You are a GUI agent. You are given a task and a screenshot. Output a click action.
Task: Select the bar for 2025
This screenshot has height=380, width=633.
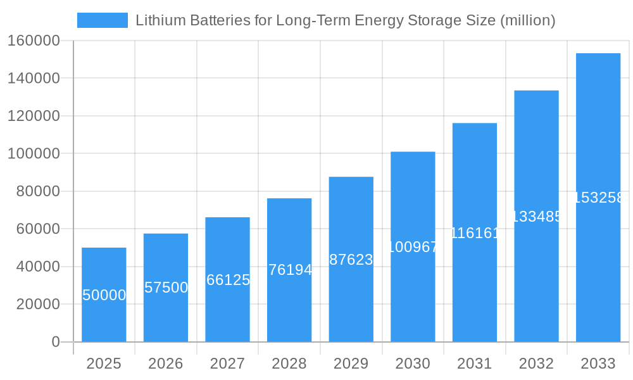104,294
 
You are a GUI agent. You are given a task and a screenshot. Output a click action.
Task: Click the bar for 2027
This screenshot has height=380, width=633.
227,279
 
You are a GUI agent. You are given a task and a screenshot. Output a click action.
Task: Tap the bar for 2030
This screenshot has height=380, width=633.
413,247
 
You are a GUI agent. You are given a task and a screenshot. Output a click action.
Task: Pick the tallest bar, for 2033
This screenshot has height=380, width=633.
598,198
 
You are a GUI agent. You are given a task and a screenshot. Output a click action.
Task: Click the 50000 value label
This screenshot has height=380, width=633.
104,295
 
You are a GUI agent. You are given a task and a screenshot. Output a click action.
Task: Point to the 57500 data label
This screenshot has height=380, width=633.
166,288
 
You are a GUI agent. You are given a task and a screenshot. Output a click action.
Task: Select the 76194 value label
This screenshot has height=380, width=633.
290,270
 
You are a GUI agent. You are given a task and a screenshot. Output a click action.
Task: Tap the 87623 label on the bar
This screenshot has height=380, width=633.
351,260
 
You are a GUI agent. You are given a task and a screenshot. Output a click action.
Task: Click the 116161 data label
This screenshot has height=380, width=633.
475,233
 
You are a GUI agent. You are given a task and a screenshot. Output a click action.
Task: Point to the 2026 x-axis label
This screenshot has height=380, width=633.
166,364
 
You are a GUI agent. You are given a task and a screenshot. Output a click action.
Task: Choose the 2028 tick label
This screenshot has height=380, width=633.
289,364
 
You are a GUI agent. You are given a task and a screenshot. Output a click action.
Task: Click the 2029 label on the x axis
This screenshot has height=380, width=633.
351,364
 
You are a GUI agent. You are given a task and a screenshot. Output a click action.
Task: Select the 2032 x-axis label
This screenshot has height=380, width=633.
536,364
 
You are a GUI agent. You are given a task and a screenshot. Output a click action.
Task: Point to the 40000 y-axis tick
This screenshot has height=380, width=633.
37,267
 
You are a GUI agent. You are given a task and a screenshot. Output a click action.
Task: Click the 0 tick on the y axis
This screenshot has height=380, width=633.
56,342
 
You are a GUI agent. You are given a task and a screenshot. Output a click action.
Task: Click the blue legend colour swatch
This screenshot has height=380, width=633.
102,20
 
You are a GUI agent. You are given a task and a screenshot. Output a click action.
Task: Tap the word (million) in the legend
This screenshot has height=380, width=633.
527,20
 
